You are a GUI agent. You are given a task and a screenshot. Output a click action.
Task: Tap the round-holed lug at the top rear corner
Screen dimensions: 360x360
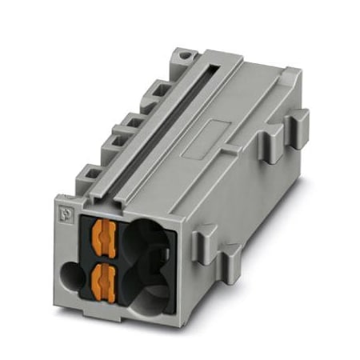click(x=186, y=58)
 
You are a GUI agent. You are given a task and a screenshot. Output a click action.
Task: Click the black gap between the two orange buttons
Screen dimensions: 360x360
click(x=103, y=257)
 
